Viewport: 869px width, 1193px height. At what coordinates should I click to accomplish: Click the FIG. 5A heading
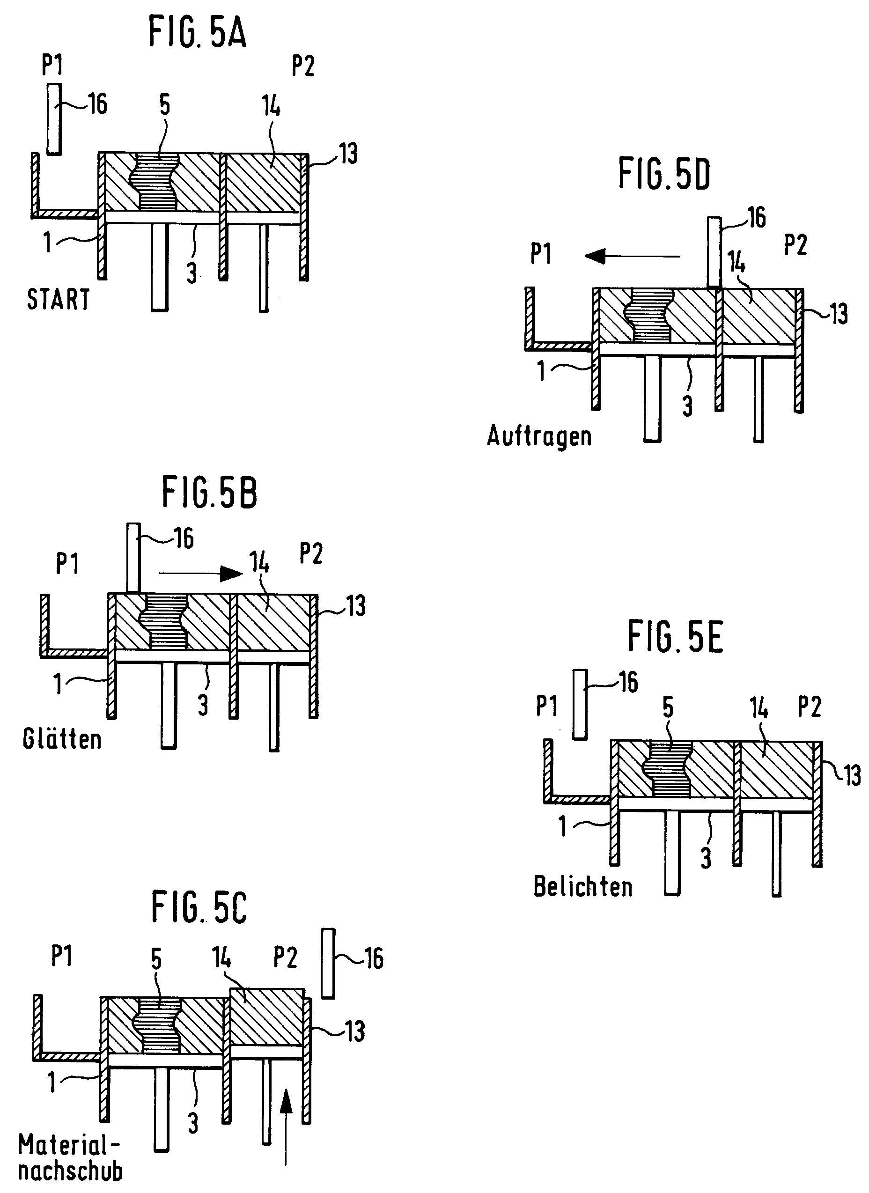tap(197, 32)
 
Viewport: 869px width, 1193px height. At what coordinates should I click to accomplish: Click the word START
tap(59, 300)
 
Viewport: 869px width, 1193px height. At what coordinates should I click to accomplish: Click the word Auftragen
tap(539, 436)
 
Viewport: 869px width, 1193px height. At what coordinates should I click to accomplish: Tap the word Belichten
tap(583, 887)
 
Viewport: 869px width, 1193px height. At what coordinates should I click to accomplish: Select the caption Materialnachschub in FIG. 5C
tap(70, 1162)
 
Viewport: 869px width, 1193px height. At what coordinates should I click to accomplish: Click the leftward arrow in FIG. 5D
tap(631, 257)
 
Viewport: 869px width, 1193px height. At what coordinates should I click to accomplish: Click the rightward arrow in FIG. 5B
tap(200, 573)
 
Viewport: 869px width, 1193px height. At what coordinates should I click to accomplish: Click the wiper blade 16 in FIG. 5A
tap(54, 119)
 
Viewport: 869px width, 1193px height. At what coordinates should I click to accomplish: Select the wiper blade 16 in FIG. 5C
tap(328, 963)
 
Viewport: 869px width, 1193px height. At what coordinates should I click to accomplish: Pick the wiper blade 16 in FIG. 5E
tap(580, 704)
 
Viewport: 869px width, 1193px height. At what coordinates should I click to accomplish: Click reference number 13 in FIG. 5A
tap(348, 154)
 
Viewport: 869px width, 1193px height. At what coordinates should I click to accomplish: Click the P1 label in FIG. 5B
tap(67, 564)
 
